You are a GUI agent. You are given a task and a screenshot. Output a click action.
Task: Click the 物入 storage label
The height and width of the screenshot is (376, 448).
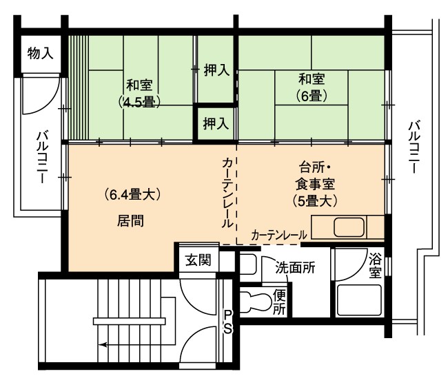coord(40,53)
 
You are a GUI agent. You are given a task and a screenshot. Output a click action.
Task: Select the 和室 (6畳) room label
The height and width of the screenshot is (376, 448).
coord(312,87)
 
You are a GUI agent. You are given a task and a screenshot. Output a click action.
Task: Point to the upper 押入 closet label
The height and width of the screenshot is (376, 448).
coord(216,70)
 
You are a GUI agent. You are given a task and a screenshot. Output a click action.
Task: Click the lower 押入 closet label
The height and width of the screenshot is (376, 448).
coord(216,124)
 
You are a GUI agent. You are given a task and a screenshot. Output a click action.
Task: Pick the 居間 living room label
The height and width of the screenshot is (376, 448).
coord(130,220)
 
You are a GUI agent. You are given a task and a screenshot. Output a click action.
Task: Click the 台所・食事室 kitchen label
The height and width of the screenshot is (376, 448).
coord(314,176)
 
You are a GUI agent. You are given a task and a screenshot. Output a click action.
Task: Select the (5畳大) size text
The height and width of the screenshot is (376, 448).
coord(314,201)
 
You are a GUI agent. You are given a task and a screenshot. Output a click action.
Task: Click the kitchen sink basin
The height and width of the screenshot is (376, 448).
coord(349,227)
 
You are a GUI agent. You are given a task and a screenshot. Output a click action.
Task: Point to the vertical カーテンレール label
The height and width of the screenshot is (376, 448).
coord(228,194)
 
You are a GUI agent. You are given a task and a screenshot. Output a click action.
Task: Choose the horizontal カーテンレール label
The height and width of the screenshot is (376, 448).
coord(279,236)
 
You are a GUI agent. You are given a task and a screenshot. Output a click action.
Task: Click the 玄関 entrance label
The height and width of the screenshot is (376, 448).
coord(198,260)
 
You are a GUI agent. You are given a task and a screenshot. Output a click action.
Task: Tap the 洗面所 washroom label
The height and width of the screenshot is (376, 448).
coord(295,268)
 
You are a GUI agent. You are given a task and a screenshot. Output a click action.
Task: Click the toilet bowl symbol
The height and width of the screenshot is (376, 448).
coord(255,302)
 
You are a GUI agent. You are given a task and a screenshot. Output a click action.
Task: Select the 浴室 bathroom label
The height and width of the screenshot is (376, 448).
coord(374,265)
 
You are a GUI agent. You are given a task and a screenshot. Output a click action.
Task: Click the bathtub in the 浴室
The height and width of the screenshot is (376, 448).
coord(359,300)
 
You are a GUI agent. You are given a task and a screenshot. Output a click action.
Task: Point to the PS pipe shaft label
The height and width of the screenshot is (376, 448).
coord(227,322)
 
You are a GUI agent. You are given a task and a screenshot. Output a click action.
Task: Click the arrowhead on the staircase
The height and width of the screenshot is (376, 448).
coord(103,344)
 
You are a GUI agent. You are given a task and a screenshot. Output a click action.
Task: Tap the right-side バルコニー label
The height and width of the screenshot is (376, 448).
coord(414,147)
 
